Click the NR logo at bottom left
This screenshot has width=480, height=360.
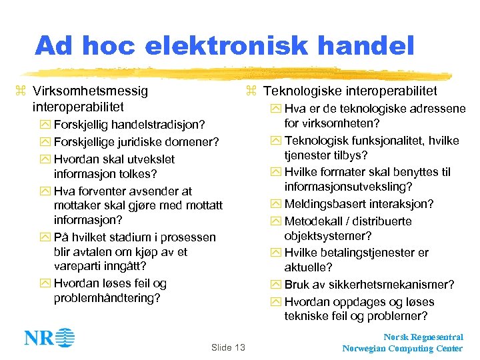49,337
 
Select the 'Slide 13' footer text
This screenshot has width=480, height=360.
228,347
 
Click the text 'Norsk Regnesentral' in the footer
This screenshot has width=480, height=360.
423,337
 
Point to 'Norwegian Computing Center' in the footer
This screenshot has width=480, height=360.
403,349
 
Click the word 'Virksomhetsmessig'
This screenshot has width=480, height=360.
90,91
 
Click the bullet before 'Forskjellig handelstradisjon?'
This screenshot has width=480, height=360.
45,125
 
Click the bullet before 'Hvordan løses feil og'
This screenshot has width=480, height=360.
45,284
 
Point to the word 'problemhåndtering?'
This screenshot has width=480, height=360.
107,298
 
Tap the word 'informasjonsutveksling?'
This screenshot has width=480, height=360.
357,187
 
